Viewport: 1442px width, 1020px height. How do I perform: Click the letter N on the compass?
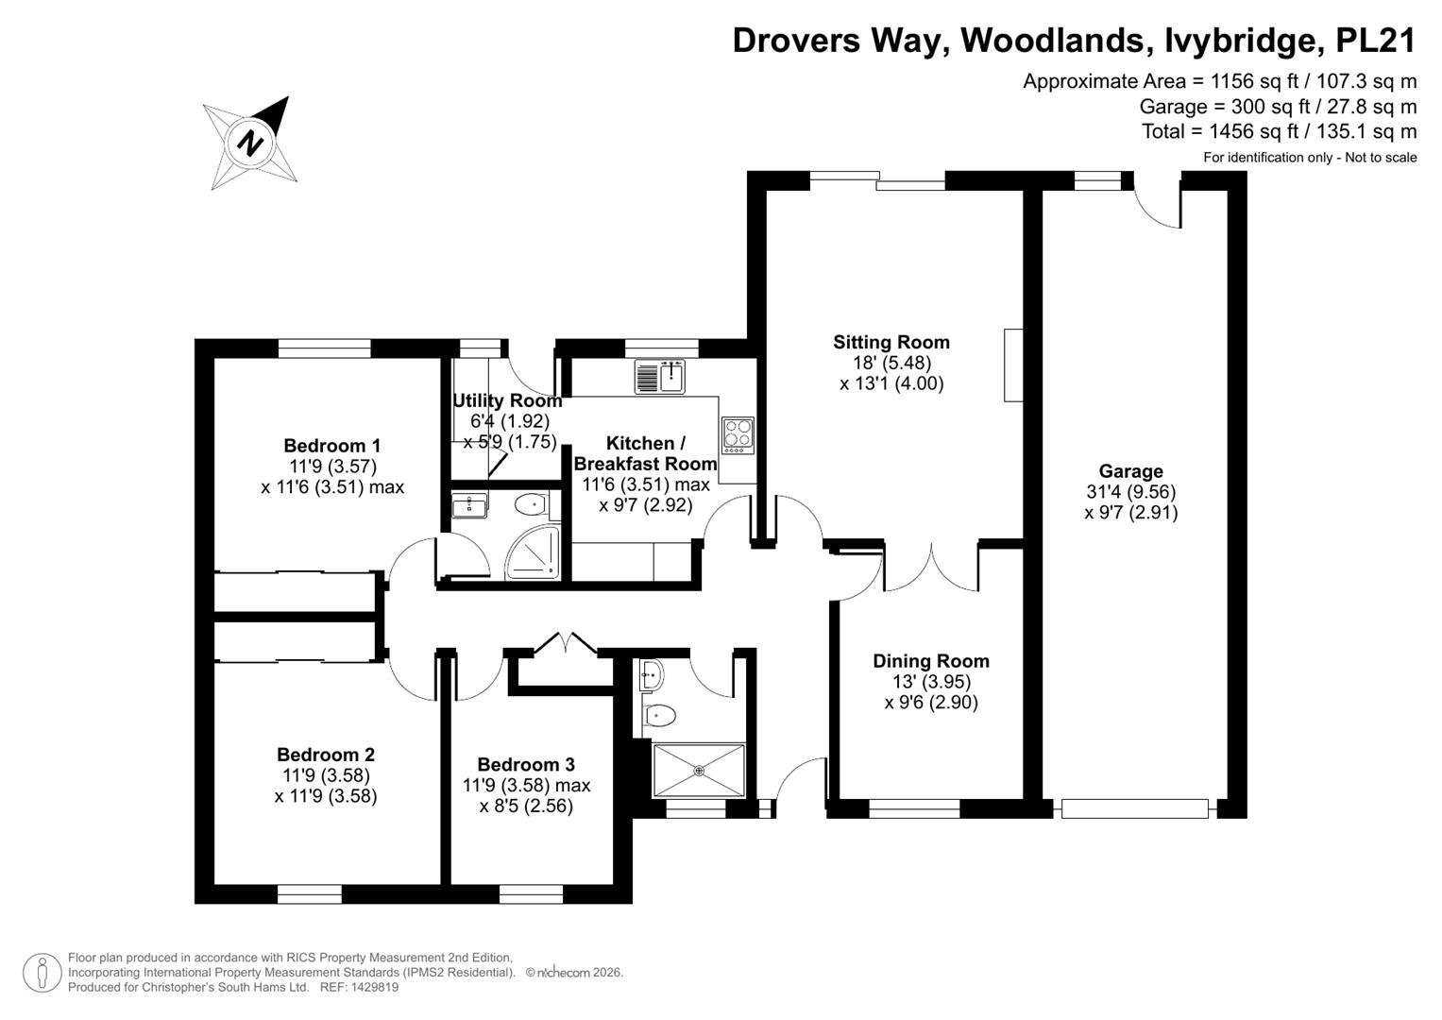[250, 143]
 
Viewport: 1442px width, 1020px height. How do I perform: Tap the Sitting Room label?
[891, 342]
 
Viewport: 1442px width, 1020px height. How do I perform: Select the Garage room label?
[1130, 470]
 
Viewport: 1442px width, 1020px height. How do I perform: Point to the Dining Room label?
[931, 661]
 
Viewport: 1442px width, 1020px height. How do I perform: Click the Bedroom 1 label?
[332, 445]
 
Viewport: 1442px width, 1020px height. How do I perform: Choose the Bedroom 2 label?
[326, 754]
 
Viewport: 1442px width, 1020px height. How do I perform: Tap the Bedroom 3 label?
[526, 764]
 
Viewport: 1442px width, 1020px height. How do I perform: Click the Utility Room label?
[507, 400]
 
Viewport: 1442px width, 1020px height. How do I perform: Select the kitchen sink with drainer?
[660, 376]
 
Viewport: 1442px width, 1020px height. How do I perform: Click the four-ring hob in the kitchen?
[738, 435]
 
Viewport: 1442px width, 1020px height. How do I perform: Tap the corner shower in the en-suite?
[533, 552]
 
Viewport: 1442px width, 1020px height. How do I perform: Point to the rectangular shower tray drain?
[699, 770]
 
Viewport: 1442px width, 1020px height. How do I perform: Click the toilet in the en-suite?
[531, 504]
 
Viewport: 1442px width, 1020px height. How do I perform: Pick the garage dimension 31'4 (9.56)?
[1131, 492]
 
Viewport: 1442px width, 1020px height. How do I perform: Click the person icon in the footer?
[42, 973]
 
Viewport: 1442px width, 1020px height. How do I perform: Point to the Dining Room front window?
[914, 808]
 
